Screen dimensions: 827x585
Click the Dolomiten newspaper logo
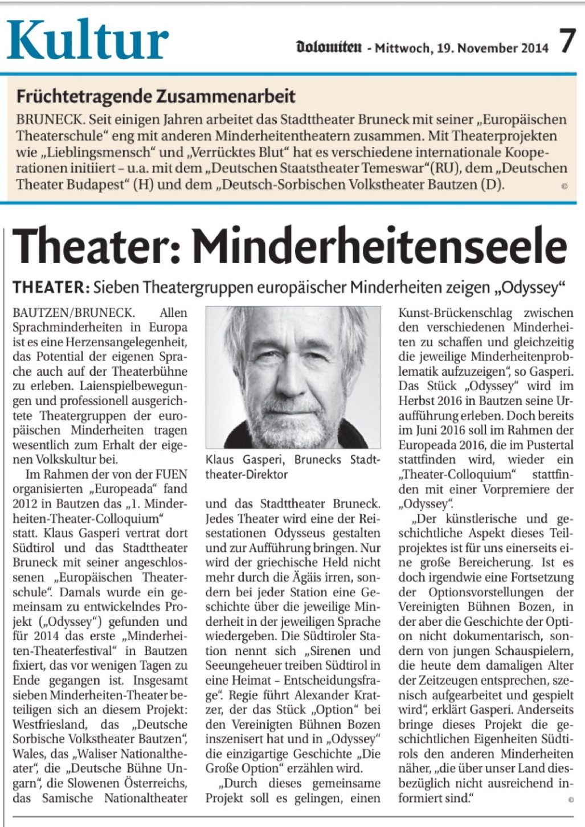[329, 47]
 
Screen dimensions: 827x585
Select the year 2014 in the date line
[533, 48]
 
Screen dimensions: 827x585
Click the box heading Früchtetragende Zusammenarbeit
[156, 96]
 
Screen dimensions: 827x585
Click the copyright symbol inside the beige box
[564, 186]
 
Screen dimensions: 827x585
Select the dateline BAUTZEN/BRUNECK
[73, 313]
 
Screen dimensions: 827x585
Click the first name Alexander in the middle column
[324, 695]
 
